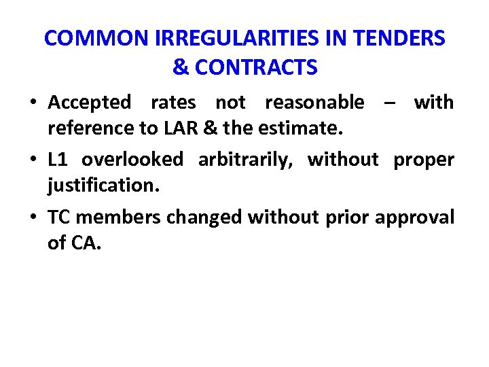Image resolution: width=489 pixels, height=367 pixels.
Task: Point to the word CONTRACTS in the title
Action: coord(255,67)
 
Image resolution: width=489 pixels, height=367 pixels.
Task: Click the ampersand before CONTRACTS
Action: coord(181,67)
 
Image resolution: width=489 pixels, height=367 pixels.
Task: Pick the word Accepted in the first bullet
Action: coord(90,103)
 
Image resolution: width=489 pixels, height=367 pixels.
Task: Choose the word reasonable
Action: coord(314,103)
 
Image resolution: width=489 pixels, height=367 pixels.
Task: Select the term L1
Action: coord(57,159)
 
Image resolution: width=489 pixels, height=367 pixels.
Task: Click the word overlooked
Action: coord(132,159)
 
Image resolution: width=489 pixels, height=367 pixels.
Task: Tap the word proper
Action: coord(424,160)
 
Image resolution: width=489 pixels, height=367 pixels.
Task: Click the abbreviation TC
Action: coord(59,217)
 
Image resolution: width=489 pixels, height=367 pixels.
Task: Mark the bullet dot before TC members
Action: coord(33,217)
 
